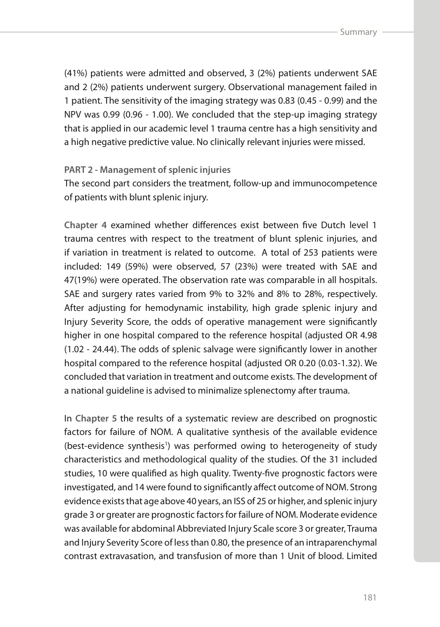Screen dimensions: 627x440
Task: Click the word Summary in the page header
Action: tap(358, 32)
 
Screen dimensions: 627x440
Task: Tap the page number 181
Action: tap(369, 597)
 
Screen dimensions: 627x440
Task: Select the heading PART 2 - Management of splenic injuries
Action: tap(147, 170)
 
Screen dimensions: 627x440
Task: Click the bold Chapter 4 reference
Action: tap(85, 225)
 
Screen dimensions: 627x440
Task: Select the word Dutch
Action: tap(333, 225)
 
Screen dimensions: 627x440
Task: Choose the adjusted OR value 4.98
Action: tap(368, 336)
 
